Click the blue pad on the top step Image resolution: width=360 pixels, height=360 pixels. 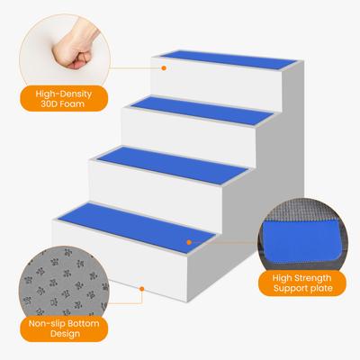coord(229,59)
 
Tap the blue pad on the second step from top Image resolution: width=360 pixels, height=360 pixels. coord(202,111)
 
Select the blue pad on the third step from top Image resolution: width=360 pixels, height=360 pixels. coord(172,165)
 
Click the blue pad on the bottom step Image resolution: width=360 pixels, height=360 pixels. coord(137,228)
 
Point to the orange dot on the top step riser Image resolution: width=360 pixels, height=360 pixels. coord(164,68)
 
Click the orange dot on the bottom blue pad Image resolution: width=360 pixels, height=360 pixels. coord(189,242)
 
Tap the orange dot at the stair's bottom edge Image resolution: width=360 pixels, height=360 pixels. coord(142,289)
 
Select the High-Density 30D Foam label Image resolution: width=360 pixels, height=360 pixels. coord(64,99)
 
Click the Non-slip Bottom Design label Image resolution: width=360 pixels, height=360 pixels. coord(64,328)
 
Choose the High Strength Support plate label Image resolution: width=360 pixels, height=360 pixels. coord(302,283)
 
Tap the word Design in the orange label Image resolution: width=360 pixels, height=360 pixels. coord(65,334)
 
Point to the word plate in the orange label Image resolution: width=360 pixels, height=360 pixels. coord(322,288)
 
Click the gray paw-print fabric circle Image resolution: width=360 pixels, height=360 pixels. coord(64,282)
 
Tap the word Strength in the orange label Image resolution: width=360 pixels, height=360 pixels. coord(313,278)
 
